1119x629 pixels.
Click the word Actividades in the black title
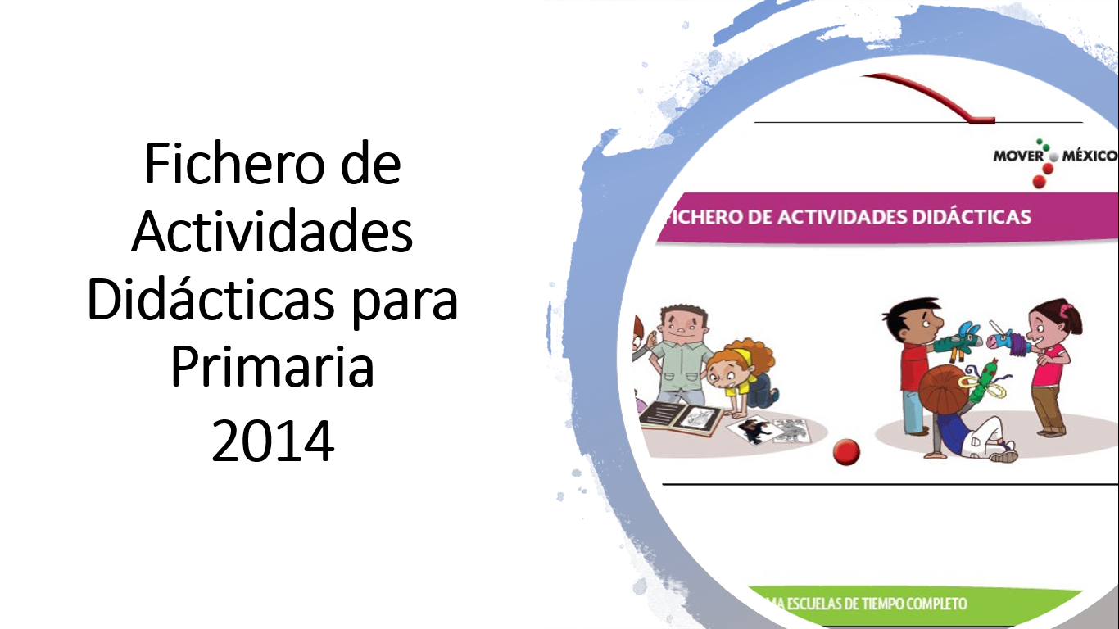click(272, 232)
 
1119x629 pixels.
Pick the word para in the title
click(405, 305)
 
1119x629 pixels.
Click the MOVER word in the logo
click(1018, 156)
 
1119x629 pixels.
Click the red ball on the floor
click(847, 451)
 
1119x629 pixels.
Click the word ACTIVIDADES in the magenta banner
click(842, 217)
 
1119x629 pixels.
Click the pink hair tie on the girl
click(1066, 310)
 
